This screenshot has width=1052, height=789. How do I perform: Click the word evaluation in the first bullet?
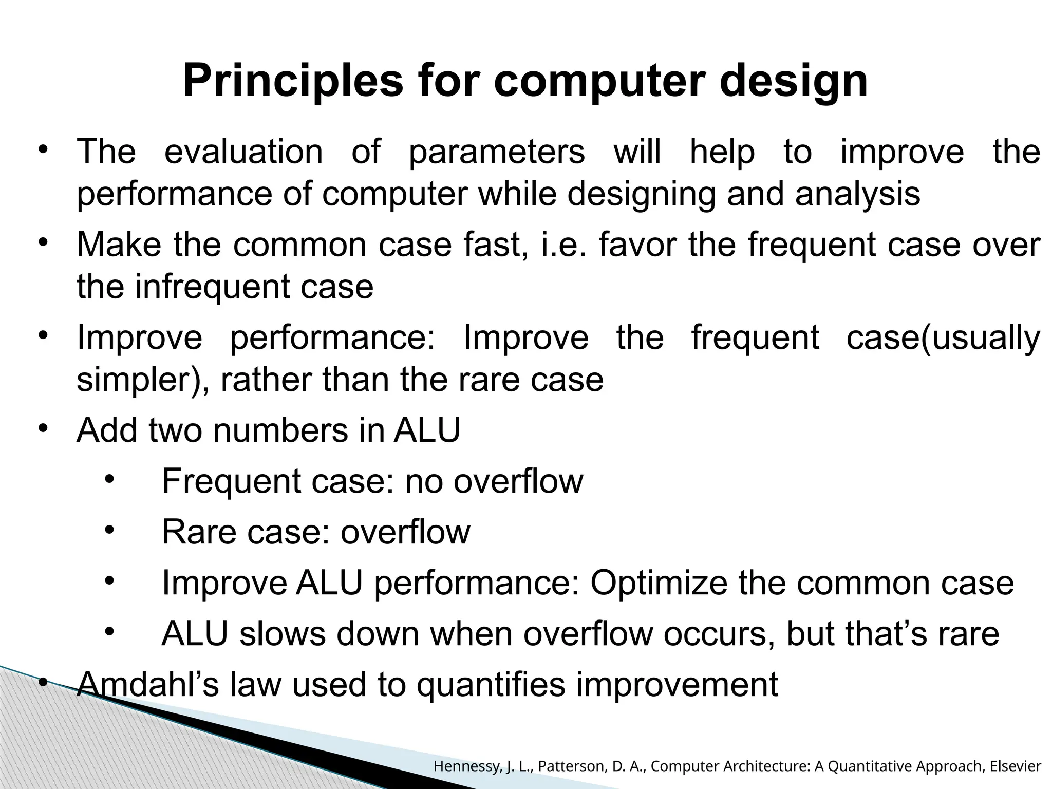(x=243, y=152)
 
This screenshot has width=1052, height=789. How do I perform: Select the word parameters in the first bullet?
(x=497, y=152)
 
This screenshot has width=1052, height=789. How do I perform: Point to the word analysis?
(x=857, y=194)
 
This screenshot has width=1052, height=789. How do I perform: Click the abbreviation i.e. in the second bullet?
(x=562, y=245)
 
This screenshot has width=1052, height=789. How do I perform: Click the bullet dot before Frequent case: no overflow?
(x=109, y=479)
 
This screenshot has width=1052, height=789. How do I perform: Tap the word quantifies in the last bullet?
(x=491, y=685)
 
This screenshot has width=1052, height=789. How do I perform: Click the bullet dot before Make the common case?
(x=43, y=242)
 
